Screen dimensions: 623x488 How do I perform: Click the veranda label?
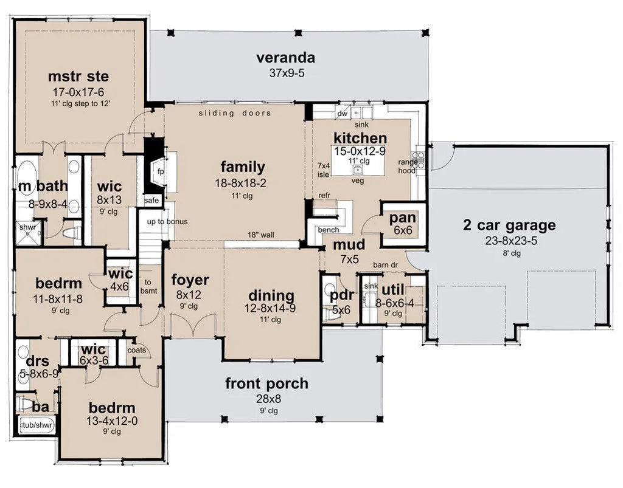pyautogui.click(x=285, y=58)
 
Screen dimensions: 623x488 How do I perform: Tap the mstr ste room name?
pyautogui.click(x=78, y=76)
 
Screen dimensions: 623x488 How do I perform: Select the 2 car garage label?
pyautogui.click(x=509, y=225)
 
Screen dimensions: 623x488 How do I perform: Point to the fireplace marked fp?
pyautogui.click(x=161, y=171)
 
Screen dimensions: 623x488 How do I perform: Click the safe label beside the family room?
pyautogui.click(x=151, y=201)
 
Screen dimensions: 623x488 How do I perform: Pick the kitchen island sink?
pyautogui.click(x=358, y=170)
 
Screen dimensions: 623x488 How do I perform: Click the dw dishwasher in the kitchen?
pyautogui.click(x=342, y=114)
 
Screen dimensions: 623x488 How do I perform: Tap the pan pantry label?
pyautogui.click(x=403, y=218)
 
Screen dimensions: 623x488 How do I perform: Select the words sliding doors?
pyautogui.click(x=235, y=113)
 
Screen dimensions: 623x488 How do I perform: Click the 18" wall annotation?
pyautogui.click(x=260, y=235)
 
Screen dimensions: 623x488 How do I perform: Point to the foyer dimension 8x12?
pyautogui.click(x=189, y=295)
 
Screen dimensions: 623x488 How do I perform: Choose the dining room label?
pyautogui.click(x=271, y=296)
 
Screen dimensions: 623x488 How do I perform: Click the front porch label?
pyautogui.click(x=266, y=383)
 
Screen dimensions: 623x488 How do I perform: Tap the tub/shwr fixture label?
pyautogui.click(x=37, y=425)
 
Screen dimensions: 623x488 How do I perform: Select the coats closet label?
pyautogui.click(x=137, y=350)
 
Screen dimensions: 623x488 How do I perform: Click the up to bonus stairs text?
pyautogui.click(x=167, y=221)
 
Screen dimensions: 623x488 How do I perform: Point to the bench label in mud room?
pyautogui.click(x=329, y=230)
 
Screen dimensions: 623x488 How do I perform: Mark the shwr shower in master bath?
pyautogui.click(x=27, y=227)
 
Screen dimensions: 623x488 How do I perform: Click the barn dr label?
pyautogui.click(x=385, y=265)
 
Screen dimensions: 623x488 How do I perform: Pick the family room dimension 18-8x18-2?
pyautogui.click(x=241, y=183)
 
